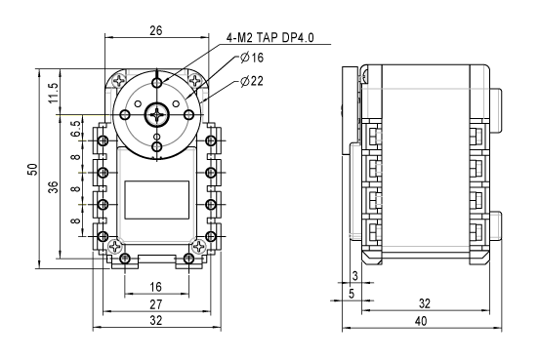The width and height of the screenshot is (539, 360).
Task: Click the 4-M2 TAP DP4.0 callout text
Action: click(269, 37)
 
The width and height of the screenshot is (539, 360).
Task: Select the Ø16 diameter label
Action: click(252, 58)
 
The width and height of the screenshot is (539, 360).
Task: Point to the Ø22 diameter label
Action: click(252, 81)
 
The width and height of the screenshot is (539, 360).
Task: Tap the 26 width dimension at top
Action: click(155, 30)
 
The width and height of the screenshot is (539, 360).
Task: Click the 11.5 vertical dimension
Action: click(54, 93)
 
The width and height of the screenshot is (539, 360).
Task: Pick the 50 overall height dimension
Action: click(32, 170)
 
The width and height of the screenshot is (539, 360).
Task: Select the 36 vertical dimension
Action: click(54, 187)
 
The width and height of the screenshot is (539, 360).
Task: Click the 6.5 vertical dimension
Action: click(77, 129)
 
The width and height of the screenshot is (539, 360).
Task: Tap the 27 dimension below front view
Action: click(155, 304)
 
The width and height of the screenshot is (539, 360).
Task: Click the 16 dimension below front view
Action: click(155, 287)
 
